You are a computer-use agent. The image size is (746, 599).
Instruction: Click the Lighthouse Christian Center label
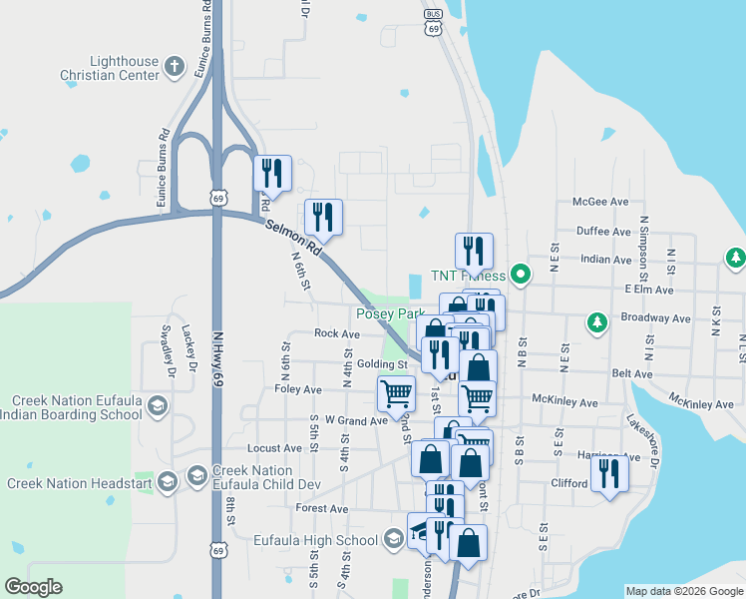pos(110,68)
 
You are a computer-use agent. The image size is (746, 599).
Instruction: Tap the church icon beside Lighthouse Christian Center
pos(175,68)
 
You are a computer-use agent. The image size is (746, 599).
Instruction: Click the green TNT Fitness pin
pos(519,274)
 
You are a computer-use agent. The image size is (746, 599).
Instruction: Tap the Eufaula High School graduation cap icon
pos(393,540)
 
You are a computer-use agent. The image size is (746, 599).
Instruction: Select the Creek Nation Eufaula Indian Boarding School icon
pos(157,405)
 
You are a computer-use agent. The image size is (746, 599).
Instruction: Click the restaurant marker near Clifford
pos(609,472)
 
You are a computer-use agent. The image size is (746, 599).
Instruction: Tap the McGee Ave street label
pos(600,202)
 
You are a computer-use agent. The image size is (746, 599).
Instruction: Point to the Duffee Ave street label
pos(600,231)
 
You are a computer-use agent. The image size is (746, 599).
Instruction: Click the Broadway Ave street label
pos(655,318)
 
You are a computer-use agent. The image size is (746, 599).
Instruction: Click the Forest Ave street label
pos(322,508)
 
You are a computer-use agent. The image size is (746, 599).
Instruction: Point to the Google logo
pos(33,587)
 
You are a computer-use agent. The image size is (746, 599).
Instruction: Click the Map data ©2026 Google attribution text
pos(684,591)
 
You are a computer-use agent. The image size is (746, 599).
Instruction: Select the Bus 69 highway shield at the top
pos(432,22)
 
